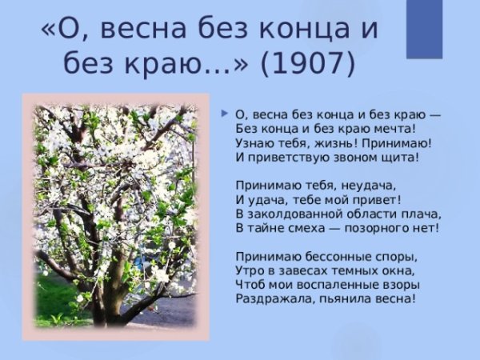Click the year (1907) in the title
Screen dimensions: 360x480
307,62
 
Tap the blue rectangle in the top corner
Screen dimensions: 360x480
424,29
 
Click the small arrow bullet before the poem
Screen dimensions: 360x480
225,113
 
